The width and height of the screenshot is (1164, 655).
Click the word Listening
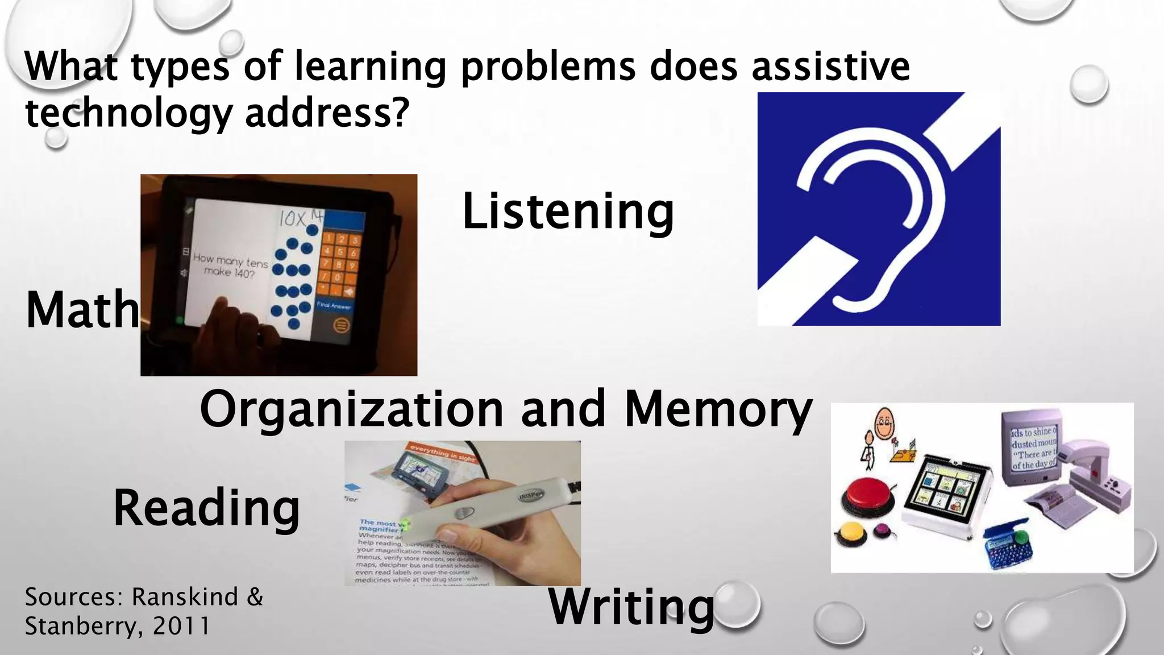567,212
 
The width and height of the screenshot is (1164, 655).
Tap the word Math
82,310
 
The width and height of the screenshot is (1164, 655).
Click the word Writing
631,607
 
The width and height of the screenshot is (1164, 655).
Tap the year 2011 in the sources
181,626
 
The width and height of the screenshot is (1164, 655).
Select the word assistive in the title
830,67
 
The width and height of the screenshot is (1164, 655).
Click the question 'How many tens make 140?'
230,266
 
